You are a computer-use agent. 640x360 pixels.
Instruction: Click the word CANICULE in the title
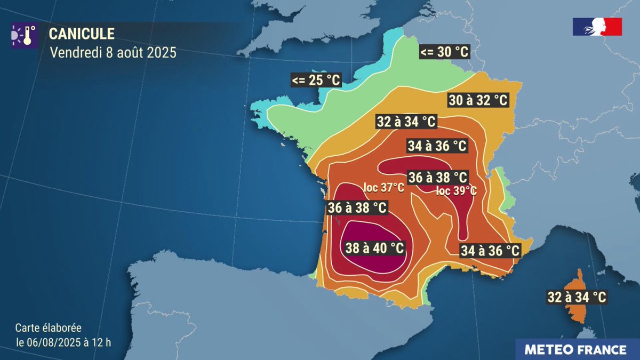pyautogui.click(x=82, y=34)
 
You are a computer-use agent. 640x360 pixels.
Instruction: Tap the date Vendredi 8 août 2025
pyautogui.click(x=113, y=53)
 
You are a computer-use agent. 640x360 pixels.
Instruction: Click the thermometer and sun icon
pyautogui.click(x=24, y=35)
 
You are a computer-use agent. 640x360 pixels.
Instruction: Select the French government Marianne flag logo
pyautogui.click(x=597, y=27)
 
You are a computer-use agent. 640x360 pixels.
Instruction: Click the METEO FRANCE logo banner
pyautogui.click(x=575, y=350)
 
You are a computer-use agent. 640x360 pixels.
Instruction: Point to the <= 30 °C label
pyautogui.click(x=444, y=52)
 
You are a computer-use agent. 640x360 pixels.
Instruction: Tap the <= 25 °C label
pyautogui.click(x=316, y=81)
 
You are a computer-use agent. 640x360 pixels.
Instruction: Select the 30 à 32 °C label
pyautogui.click(x=477, y=100)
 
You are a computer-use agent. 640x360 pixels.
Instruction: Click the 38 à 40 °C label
pyautogui.click(x=374, y=248)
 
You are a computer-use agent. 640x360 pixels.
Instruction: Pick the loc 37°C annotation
pyautogui.click(x=383, y=188)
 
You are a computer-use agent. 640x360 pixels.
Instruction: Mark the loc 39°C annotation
pyautogui.click(x=457, y=191)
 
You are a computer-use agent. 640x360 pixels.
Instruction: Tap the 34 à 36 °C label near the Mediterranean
pyautogui.click(x=490, y=250)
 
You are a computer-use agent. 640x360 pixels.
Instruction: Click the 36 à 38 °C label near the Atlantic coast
pyautogui.click(x=357, y=208)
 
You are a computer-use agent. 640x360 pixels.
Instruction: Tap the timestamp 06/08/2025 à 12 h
pyautogui.click(x=63, y=342)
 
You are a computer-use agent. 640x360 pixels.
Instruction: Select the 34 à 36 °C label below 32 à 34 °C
pyautogui.click(x=437, y=145)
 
